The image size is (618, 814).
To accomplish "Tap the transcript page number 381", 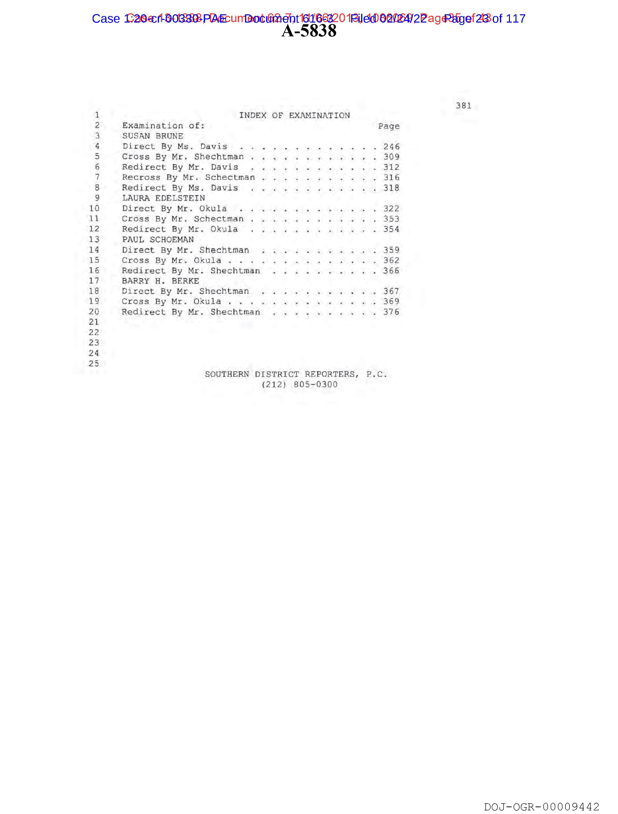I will point(463,106).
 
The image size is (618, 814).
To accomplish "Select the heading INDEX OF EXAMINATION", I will point(294,116).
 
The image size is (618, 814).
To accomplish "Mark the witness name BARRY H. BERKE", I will point(160,281).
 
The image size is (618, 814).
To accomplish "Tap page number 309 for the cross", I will point(391,157).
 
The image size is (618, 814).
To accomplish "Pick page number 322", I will point(391,209).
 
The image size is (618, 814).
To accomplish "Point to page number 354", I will point(391,229).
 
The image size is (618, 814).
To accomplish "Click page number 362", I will point(391,260).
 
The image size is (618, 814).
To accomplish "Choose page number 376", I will point(391,312).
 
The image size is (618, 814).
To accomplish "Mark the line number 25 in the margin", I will point(94,363).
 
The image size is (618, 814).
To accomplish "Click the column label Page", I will point(388,127).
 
